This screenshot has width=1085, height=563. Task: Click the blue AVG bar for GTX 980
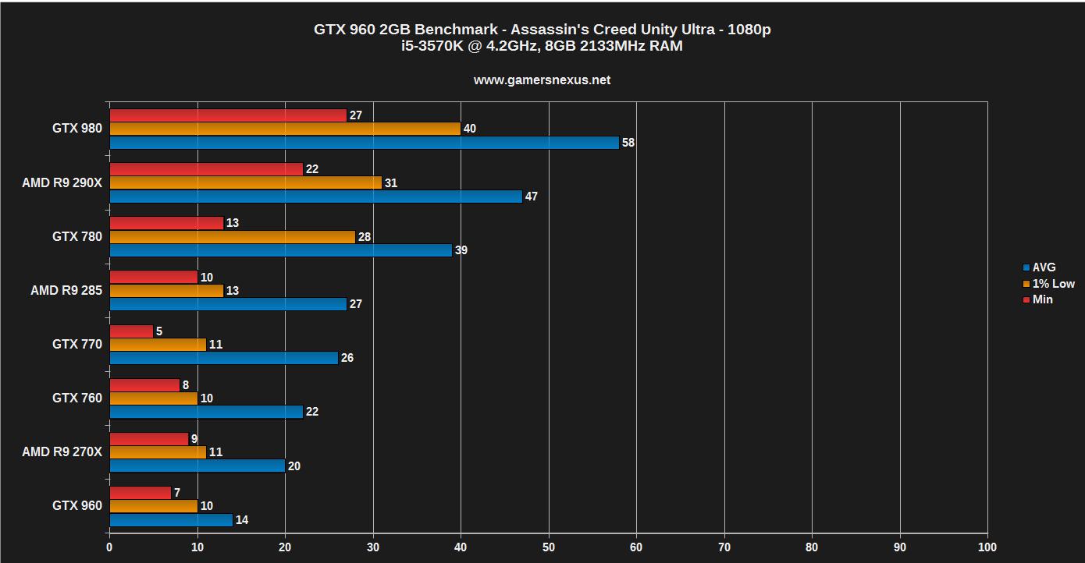pyautogui.click(x=364, y=143)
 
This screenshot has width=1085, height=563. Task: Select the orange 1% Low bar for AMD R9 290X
pyautogui.click(x=246, y=182)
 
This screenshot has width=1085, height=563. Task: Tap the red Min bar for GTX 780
pyautogui.click(x=166, y=223)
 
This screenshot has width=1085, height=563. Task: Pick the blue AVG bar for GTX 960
pyautogui.click(x=171, y=519)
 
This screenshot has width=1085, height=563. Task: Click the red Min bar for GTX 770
pyautogui.click(x=131, y=331)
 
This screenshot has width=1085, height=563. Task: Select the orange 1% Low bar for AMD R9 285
pyautogui.click(x=166, y=291)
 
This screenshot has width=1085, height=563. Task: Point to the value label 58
pyautogui.click(x=628, y=143)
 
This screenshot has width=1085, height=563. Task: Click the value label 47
pyautogui.click(x=532, y=197)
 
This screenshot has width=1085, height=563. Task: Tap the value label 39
pyautogui.click(x=461, y=250)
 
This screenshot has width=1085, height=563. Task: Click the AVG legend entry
pyautogui.click(x=1044, y=267)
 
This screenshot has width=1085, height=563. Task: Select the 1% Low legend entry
pyautogui.click(x=1053, y=284)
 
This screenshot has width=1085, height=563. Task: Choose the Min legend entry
pyautogui.click(x=1042, y=299)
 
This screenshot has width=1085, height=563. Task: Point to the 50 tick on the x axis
pyautogui.click(x=549, y=547)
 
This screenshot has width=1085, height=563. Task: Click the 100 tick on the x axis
pyautogui.click(x=987, y=547)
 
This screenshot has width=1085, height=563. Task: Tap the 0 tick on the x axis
pyautogui.click(x=109, y=547)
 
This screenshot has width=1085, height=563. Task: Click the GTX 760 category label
pyautogui.click(x=76, y=398)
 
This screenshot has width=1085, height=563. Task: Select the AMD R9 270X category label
pyautogui.click(x=62, y=451)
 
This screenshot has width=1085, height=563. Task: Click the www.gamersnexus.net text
pyautogui.click(x=542, y=80)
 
